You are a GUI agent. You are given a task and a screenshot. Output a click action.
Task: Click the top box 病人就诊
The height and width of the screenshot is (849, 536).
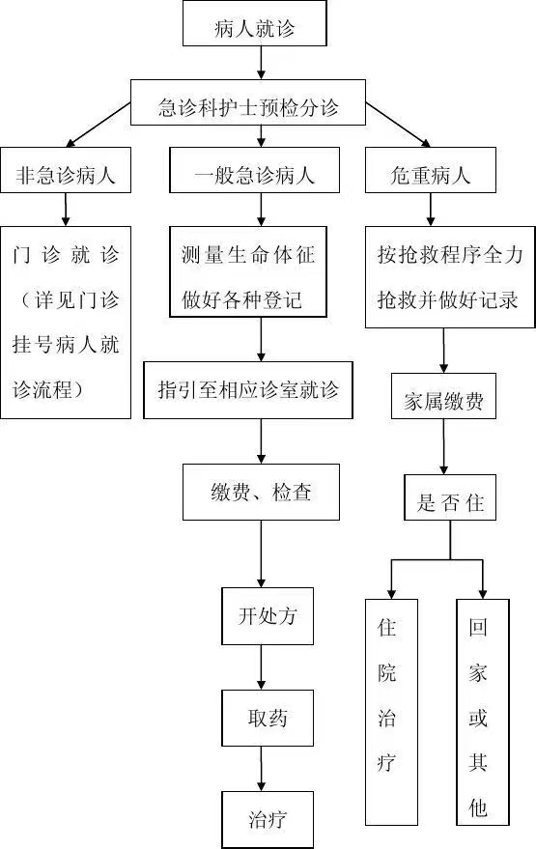click(x=254, y=23)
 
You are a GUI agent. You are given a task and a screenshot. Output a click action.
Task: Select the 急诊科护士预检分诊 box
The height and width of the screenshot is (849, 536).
click(x=248, y=102)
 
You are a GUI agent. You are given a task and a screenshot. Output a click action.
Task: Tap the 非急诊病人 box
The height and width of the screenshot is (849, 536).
click(x=66, y=170)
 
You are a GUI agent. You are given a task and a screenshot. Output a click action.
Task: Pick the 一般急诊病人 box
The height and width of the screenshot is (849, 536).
click(x=254, y=170)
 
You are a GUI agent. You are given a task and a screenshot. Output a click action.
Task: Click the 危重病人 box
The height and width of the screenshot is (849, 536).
click(x=431, y=170)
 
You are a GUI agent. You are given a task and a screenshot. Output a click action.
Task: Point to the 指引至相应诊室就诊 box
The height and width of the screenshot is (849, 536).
click(x=248, y=390)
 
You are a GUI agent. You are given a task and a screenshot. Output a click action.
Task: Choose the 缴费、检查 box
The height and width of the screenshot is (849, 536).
click(x=261, y=492)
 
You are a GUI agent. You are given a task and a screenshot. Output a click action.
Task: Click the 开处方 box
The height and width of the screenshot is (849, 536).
click(x=268, y=615)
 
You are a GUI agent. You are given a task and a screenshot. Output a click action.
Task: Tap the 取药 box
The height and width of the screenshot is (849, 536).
click(x=268, y=718)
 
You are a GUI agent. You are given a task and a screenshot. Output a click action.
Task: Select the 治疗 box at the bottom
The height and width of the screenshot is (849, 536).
click(x=268, y=820)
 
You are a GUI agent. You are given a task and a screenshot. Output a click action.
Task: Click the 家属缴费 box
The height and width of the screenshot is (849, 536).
click(x=443, y=396)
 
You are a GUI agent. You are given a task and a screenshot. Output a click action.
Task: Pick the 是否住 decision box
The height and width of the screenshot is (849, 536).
click(x=450, y=497)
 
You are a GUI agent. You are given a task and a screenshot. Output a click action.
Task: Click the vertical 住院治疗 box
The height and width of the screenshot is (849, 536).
click(x=391, y=712)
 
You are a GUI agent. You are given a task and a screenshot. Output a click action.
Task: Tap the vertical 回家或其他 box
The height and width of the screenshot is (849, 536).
click(x=483, y=712)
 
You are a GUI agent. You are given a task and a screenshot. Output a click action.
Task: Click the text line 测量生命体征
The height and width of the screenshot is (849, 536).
click(x=248, y=254)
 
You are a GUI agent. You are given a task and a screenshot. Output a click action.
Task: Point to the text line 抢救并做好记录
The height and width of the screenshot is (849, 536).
click(x=447, y=299)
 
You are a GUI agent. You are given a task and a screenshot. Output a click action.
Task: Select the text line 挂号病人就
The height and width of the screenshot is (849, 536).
click(x=66, y=345)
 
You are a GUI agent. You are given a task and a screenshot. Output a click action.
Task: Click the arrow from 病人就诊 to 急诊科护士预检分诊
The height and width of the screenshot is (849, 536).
click(x=261, y=63)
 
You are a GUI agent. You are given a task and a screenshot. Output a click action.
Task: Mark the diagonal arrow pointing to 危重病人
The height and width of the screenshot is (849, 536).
click(x=398, y=125)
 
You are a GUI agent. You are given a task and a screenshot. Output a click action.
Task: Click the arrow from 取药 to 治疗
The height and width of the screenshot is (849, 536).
click(x=261, y=769)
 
